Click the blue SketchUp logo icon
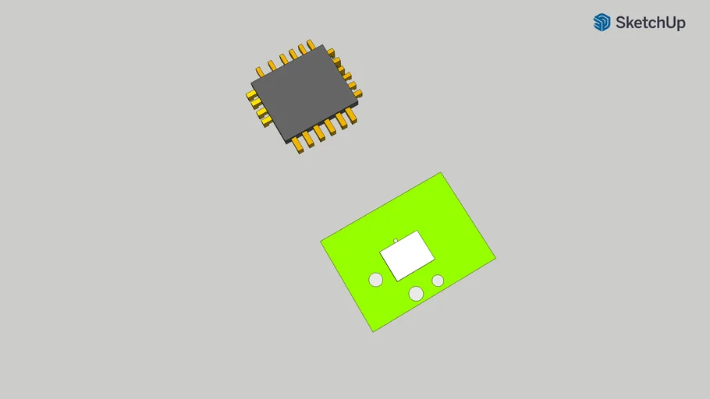pos(602,23)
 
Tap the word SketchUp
pos(650,23)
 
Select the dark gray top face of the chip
pos(304,92)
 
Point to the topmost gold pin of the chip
pos(311,44)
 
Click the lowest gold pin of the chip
pos(299,147)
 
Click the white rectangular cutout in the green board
pos(406,256)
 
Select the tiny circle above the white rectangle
pos(396,241)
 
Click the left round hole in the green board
pos(376,279)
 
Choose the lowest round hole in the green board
pos(417,293)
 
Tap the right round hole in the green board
pos(438,281)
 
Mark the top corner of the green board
pos(441,173)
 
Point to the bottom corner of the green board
pos(373,331)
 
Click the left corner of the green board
pos(321,242)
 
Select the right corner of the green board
pos(495,257)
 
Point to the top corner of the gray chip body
pos(321,45)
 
